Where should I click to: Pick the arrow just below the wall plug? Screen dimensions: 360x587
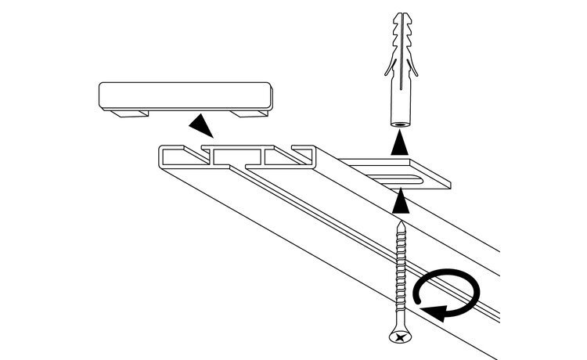[400, 143]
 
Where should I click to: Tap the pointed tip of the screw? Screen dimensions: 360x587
[401, 222]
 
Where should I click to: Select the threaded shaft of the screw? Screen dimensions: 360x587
[400, 274]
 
